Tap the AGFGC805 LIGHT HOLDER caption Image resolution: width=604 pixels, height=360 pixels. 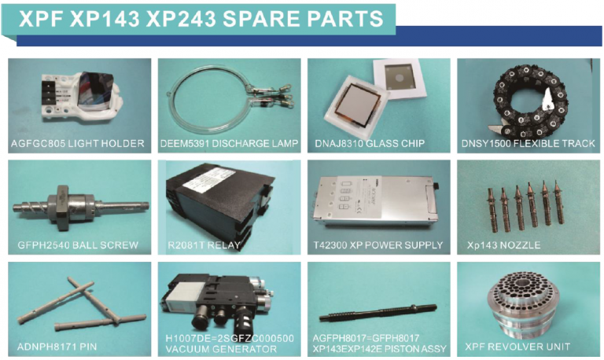(77, 144)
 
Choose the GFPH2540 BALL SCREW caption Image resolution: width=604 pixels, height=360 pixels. (77, 245)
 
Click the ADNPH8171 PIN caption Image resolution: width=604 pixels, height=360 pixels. (57, 347)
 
